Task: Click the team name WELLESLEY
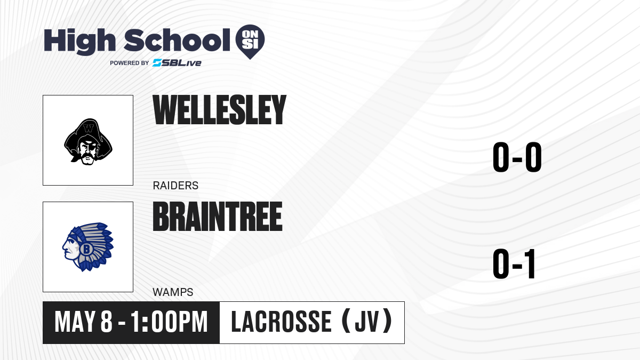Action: click(x=219, y=110)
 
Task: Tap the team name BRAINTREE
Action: click(x=218, y=217)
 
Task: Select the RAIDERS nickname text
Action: click(x=175, y=186)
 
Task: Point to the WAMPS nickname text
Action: click(x=173, y=292)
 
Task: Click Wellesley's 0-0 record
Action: click(x=517, y=157)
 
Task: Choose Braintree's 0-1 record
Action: click(x=514, y=263)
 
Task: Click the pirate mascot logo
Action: click(x=88, y=142)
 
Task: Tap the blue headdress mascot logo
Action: click(x=88, y=247)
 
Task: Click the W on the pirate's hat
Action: click(x=89, y=129)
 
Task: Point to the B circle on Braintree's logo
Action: click(x=86, y=249)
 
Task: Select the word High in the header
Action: click(x=80, y=42)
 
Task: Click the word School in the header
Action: click(x=177, y=40)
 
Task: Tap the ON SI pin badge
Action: click(x=250, y=42)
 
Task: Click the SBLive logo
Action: click(x=177, y=63)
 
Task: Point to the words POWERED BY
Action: click(x=130, y=63)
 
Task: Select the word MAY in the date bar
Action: click(x=75, y=322)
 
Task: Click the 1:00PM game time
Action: click(x=169, y=322)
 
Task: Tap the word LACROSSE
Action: click(x=281, y=322)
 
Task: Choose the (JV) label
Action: click(x=367, y=322)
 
